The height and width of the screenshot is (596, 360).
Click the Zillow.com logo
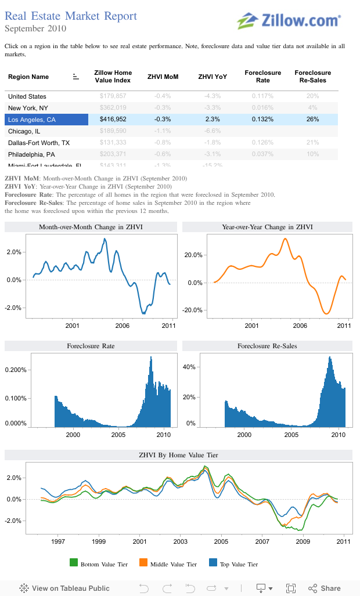point(289,20)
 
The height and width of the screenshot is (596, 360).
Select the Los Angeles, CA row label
point(32,119)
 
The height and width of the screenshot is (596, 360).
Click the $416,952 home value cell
point(113,119)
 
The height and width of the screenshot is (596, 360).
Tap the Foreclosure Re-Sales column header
point(312,77)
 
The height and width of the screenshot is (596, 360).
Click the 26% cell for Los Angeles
point(312,119)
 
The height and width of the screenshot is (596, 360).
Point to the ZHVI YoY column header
point(213,77)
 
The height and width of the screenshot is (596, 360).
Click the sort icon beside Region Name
point(75,77)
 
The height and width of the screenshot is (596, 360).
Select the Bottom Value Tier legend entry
point(99,564)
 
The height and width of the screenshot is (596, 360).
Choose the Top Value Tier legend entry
point(233,564)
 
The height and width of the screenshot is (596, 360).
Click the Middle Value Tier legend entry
point(168,564)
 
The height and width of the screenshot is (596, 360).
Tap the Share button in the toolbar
point(325,588)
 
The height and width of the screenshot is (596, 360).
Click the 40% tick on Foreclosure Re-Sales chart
point(189,367)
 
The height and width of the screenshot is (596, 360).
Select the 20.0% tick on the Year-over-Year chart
point(193,255)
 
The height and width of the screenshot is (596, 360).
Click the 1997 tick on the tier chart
point(57,541)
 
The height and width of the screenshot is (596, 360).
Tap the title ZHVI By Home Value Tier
point(179,455)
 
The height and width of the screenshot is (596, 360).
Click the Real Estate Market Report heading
point(71,16)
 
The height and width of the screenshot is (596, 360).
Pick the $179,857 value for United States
point(113,96)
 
